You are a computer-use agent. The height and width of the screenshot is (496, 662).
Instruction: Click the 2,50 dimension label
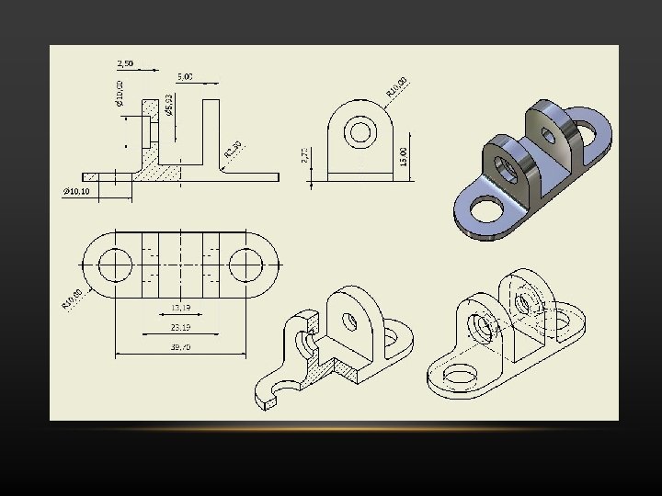(125, 63)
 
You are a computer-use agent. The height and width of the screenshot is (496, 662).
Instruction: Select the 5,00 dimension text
(185, 76)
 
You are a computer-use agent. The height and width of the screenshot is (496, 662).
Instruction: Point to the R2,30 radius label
(233, 149)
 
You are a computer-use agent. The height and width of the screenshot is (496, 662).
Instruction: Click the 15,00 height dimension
(403, 151)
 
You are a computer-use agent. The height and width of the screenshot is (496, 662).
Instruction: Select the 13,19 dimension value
(180, 308)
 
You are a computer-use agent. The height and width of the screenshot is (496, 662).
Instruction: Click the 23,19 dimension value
(180, 327)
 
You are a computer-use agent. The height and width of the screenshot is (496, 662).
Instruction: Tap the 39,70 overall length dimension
(180, 346)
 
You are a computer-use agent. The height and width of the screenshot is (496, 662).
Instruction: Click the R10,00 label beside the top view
(73, 299)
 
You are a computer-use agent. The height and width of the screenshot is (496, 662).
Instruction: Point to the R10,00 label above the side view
(397, 86)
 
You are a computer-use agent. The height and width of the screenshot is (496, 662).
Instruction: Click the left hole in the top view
(116, 265)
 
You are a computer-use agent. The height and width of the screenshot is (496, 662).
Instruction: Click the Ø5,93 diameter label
(169, 104)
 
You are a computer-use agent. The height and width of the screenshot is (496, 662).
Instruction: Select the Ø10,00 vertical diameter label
(120, 91)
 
